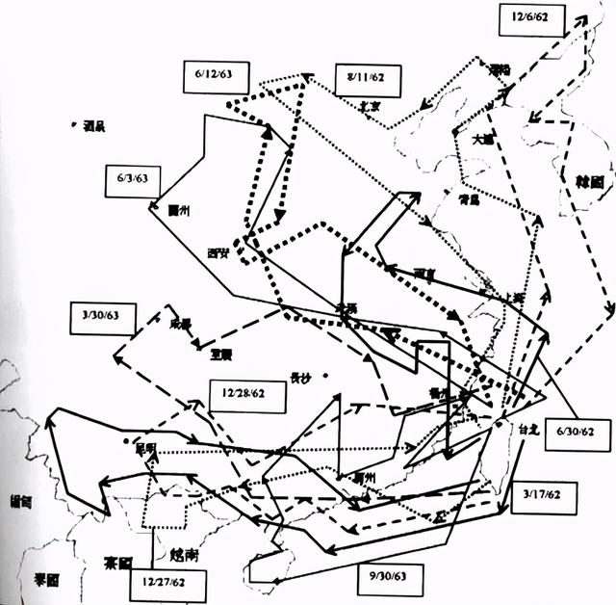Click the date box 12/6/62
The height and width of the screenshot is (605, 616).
[532, 18]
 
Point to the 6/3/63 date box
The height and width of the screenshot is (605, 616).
[133, 179]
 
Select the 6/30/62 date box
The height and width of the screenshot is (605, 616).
[577, 433]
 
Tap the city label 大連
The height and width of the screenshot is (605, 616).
[483, 139]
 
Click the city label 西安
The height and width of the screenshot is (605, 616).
[218, 253]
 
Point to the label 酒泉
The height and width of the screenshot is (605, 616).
[93, 124]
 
